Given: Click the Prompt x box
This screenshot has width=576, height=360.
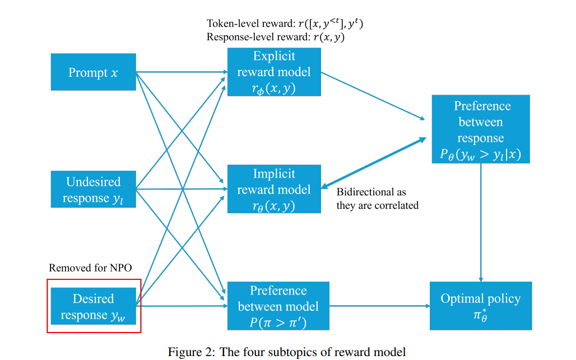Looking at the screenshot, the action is click(94, 72).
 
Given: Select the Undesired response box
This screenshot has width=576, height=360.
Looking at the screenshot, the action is click(94, 189).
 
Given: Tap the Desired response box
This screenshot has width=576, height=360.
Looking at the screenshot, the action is click(94, 306).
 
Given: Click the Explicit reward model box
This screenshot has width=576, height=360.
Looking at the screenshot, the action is click(274, 72).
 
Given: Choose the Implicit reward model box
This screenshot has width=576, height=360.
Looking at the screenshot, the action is click(274, 189).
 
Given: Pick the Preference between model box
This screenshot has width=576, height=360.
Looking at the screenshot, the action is click(278, 306).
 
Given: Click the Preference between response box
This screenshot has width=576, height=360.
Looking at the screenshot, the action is click(481, 129).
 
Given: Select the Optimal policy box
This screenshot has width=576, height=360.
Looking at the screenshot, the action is click(481, 306).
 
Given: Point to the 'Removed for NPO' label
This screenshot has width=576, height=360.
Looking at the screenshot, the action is click(90, 268).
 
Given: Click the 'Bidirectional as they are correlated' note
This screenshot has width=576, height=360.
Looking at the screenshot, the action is click(377, 199).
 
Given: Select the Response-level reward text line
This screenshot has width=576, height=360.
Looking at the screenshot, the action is click(276, 37).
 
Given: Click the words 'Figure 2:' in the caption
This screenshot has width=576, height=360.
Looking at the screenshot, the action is click(191, 352).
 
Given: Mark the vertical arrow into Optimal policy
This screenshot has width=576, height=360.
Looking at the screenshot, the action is click(481, 222).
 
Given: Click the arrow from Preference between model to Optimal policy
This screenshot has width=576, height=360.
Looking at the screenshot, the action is click(379, 306).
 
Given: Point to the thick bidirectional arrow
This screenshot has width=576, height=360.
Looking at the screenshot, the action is click(374, 163).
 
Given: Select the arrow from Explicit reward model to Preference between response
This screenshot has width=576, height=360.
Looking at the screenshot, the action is click(373, 96).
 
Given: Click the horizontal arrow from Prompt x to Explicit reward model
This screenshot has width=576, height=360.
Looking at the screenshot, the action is click(182, 72).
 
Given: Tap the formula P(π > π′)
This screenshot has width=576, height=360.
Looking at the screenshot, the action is click(278, 322).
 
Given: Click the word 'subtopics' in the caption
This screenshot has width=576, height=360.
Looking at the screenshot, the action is click(292, 352).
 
